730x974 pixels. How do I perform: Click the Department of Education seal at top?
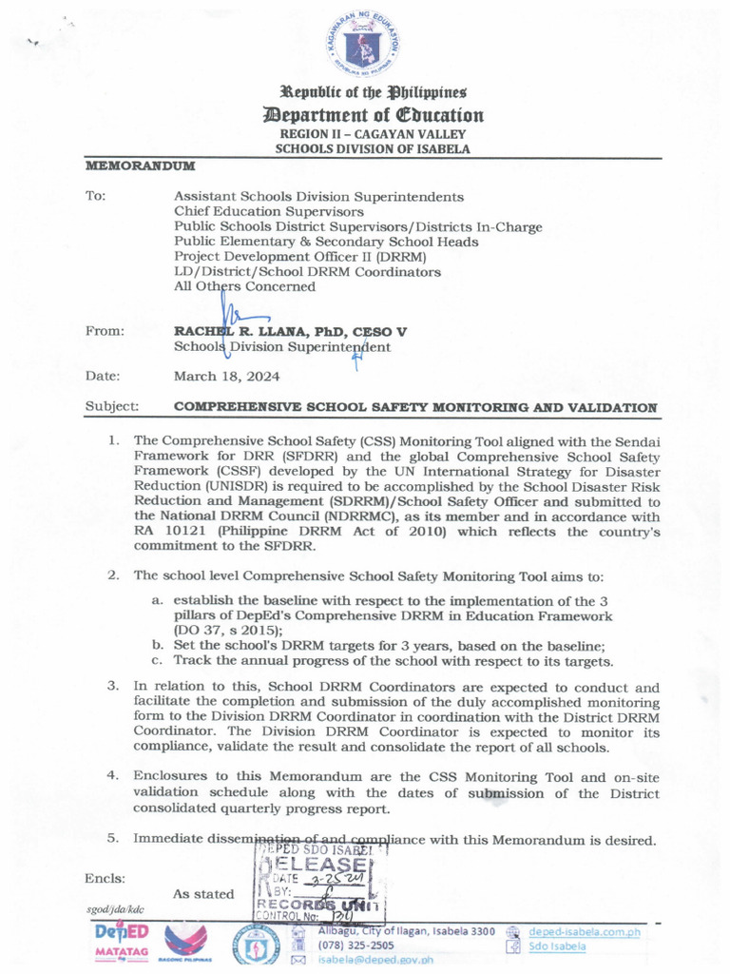click(366, 46)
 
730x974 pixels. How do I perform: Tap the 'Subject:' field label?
click(112, 407)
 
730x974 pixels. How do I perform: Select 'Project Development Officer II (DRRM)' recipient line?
click(300, 257)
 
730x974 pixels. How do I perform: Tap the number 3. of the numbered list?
click(112, 685)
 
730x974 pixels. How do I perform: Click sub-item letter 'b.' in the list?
click(158, 646)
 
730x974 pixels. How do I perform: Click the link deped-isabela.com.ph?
click(584, 932)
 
